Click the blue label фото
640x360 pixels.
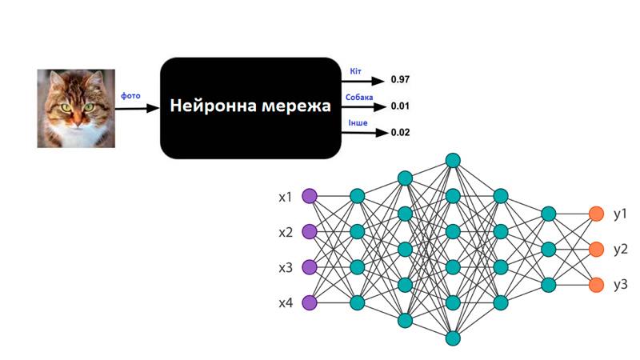(x=130, y=96)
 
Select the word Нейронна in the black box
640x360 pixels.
(x=214, y=106)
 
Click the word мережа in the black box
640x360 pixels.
(x=297, y=106)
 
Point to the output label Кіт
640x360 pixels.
(x=355, y=72)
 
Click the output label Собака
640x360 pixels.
(x=359, y=98)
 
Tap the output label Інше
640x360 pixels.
(x=358, y=123)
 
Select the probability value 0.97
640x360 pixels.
(x=400, y=80)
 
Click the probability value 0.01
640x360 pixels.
(x=400, y=106)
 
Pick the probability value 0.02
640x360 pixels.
(x=400, y=132)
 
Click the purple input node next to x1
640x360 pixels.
(x=310, y=196)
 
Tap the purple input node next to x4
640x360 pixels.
(x=310, y=302)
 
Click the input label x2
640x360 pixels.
(x=286, y=232)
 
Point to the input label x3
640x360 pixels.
(x=286, y=267)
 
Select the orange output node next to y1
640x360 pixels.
(x=595, y=214)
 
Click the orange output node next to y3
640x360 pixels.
(x=595, y=285)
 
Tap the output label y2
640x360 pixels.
(x=620, y=250)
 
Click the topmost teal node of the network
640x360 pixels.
(x=453, y=160)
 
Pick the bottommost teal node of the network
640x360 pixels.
(x=453, y=338)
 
